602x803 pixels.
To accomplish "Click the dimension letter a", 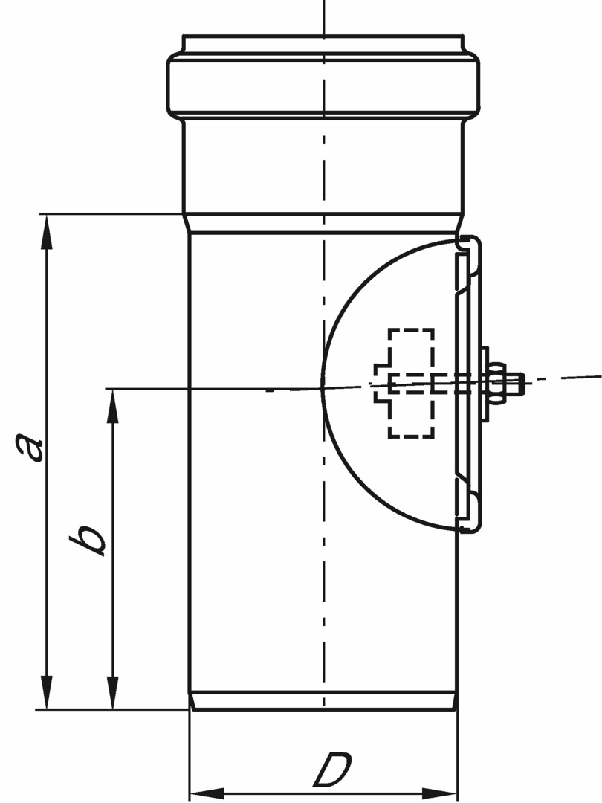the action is (x=29, y=447).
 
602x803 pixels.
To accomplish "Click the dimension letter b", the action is (x=87, y=540).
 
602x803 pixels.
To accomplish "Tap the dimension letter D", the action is (x=332, y=769).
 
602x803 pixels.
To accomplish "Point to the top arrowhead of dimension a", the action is (x=47, y=232).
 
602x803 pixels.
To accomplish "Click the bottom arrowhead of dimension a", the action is (x=47, y=692).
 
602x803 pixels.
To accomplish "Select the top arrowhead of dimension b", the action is (x=113, y=407).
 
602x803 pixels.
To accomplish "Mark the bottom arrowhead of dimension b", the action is (x=113, y=692).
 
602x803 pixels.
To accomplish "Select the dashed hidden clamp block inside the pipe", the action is (x=405, y=383).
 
